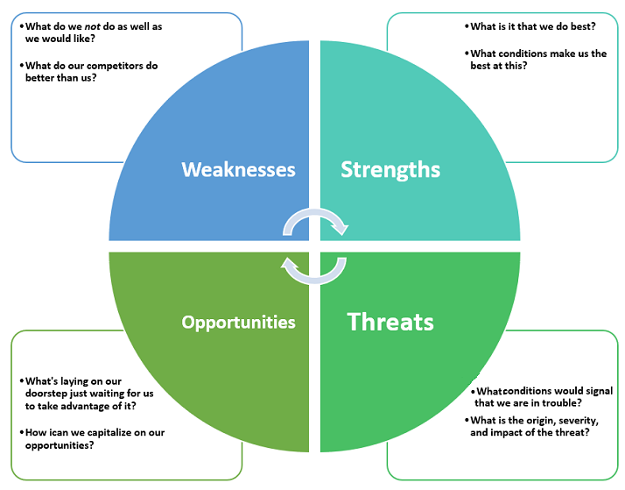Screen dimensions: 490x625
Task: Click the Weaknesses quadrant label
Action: tap(238, 168)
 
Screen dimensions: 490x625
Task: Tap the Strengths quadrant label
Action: tap(390, 168)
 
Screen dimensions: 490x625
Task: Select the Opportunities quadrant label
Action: tap(238, 322)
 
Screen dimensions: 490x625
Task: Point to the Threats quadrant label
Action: tap(390, 322)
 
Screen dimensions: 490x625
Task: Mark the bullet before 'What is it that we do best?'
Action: tap(467, 27)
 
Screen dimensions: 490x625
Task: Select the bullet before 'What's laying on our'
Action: tap(21, 382)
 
